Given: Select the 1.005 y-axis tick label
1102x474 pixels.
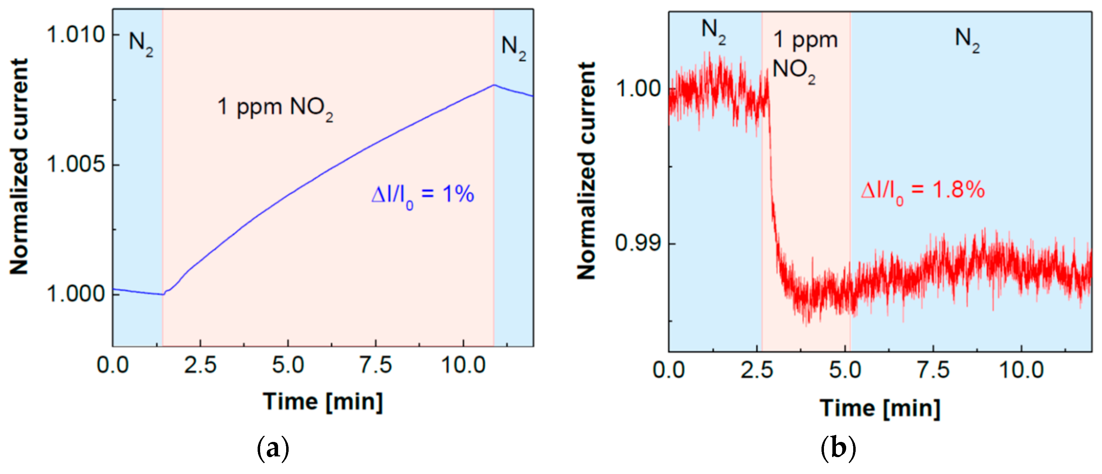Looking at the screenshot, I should coord(76,164).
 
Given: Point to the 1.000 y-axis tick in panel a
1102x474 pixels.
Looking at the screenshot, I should coord(76,294).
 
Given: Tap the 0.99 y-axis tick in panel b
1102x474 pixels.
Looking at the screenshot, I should coord(638,243).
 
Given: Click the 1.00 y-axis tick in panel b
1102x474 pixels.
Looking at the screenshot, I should coord(638,88).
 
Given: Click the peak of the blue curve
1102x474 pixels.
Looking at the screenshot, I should coord(494,85).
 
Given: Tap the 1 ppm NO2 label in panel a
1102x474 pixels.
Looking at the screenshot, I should coord(275,107).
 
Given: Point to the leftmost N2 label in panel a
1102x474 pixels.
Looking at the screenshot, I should coord(141,44).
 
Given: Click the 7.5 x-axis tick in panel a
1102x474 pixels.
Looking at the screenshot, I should coord(376,366).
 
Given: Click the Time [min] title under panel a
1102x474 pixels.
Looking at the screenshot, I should coord(323,402).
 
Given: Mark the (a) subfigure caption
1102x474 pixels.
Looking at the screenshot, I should coord(273,449).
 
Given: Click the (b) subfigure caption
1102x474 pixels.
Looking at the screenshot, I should coord(838,449).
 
